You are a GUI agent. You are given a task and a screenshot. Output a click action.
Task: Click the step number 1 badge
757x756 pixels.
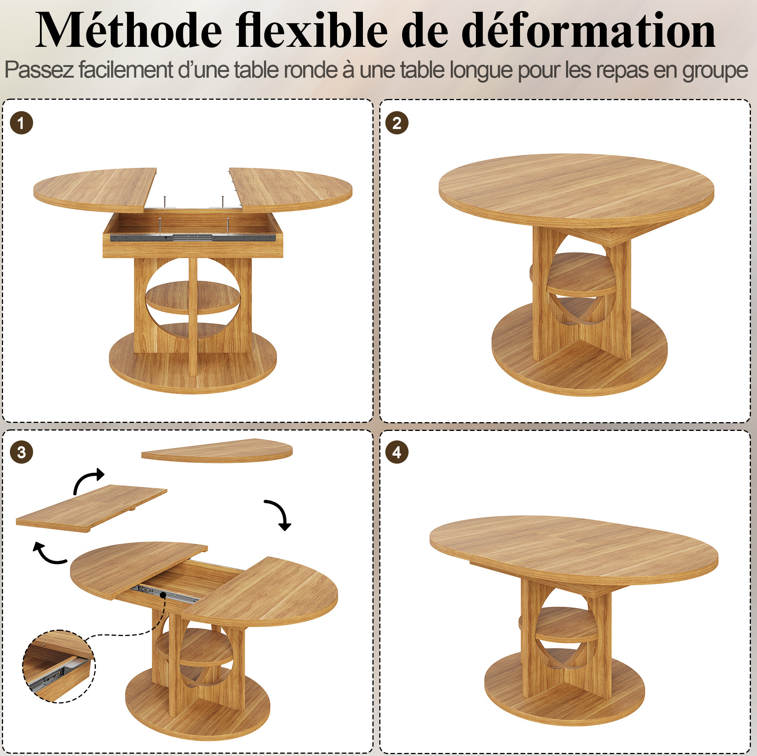point(21,123)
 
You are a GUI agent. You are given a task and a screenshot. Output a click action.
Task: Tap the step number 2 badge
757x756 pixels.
point(397,123)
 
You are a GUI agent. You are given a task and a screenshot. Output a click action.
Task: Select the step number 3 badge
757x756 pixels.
point(21,452)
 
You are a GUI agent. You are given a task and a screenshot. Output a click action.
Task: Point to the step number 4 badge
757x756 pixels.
point(397,452)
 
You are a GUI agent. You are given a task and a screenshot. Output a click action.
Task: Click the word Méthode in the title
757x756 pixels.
point(129,30)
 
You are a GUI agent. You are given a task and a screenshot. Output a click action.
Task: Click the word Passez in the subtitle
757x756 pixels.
point(39,70)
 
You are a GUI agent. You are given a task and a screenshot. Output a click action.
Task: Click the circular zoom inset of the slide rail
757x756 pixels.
point(59,666)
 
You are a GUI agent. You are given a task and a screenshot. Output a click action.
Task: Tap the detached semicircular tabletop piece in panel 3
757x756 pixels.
point(217,450)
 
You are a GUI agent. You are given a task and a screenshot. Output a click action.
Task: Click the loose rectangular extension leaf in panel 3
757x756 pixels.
point(92,508)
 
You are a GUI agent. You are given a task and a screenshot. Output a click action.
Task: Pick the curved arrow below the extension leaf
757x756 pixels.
point(49,555)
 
